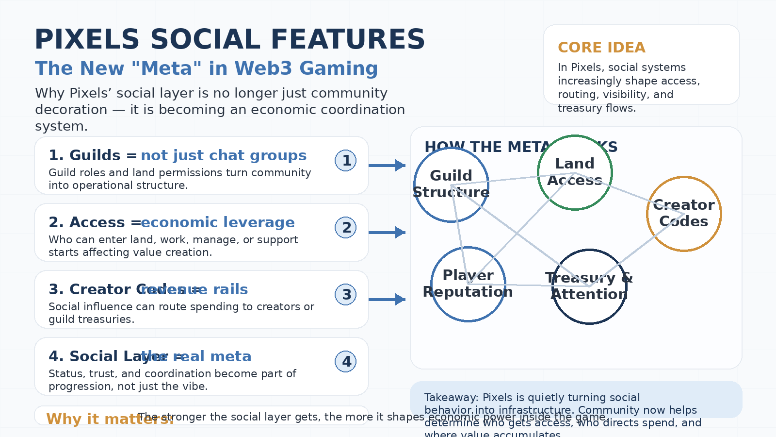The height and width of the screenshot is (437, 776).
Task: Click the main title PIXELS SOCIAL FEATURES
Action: click(x=229, y=40)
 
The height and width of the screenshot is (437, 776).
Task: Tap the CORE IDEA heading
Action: click(x=601, y=48)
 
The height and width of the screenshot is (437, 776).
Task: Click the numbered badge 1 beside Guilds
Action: click(x=346, y=161)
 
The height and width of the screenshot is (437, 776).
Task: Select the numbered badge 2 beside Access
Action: click(x=346, y=228)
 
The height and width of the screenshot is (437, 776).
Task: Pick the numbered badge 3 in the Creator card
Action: click(x=346, y=295)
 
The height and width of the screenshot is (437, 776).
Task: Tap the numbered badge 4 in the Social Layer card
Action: click(x=346, y=362)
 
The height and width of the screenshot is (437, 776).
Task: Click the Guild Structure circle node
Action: click(x=451, y=185)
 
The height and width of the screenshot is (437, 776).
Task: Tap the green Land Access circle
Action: click(x=575, y=172)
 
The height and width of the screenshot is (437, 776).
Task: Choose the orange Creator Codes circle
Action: click(x=684, y=214)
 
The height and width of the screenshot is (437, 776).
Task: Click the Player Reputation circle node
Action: click(x=468, y=284)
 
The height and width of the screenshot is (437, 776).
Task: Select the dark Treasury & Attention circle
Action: click(x=589, y=286)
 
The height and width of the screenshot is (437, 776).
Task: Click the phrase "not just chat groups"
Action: click(x=224, y=155)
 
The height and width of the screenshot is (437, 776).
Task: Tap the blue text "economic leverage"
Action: click(x=218, y=222)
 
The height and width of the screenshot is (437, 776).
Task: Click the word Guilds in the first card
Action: click(x=95, y=155)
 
